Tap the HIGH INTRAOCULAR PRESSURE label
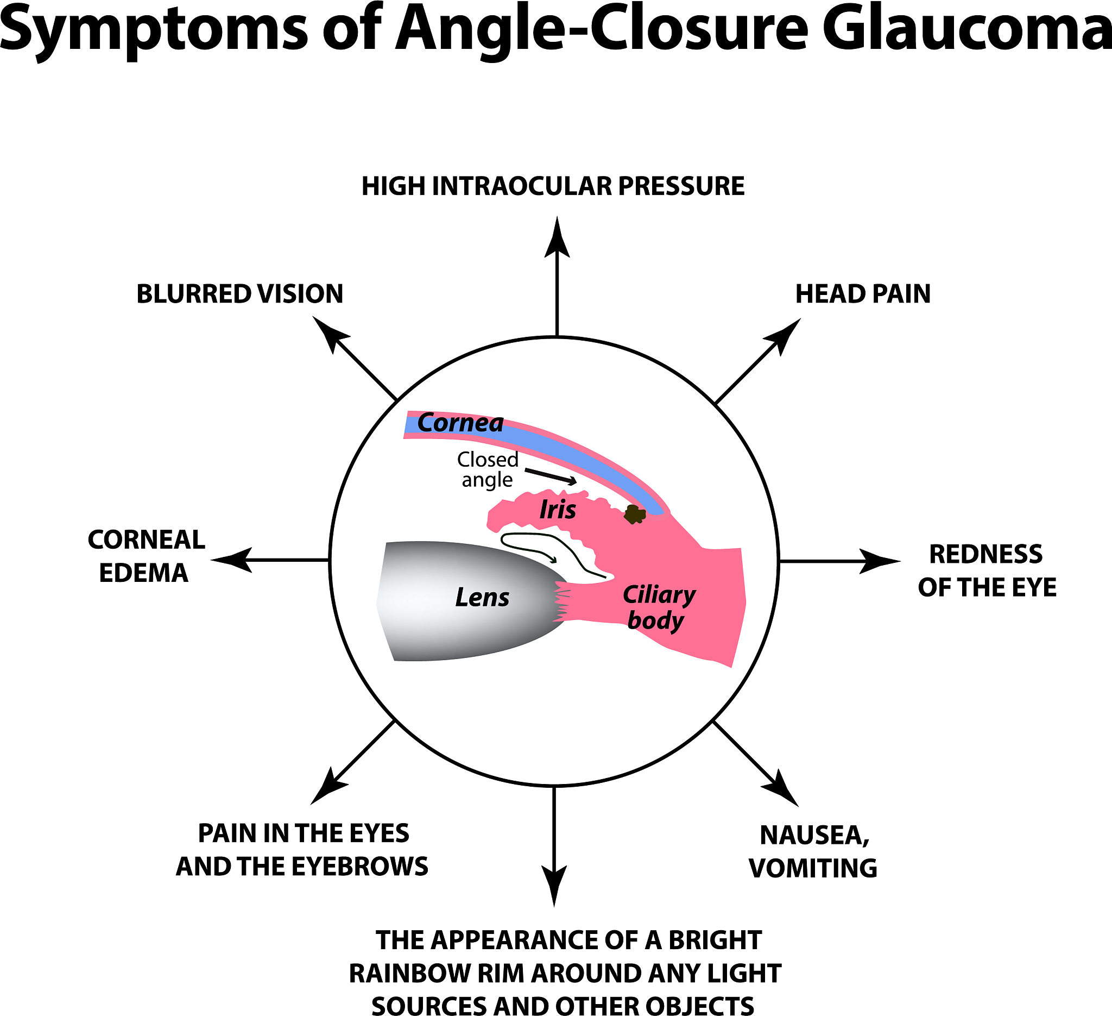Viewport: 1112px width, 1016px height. click(x=553, y=186)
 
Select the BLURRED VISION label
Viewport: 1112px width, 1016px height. click(x=239, y=293)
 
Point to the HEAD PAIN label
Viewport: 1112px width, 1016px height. click(x=863, y=293)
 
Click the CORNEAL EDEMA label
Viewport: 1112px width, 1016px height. click(x=146, y=556)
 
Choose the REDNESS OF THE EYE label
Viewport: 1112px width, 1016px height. click(x=987, y=570)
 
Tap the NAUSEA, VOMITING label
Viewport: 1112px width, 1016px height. click(x=813, y=851)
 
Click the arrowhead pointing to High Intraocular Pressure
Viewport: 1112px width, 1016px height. click(x=557, y=237)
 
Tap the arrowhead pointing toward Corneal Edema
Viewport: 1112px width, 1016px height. click(x=232, y=560)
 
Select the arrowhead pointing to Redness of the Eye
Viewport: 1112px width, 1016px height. click(x=879, y=561)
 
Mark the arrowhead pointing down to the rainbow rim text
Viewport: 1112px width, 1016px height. click(x=554, y=883)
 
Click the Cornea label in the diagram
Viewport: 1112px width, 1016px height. click(x=460, y=423)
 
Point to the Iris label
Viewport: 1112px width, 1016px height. click(x=558, y=510)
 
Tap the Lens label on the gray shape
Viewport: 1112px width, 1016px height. click(x=482, y=598)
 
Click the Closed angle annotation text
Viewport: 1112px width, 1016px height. click(x=488, y=469)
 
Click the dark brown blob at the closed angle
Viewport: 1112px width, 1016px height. click(x=635, y=515)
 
